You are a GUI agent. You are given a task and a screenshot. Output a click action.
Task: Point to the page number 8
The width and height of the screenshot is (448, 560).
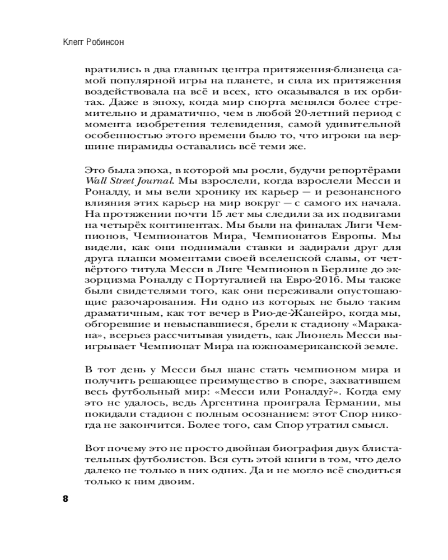[x=65, y=499]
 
